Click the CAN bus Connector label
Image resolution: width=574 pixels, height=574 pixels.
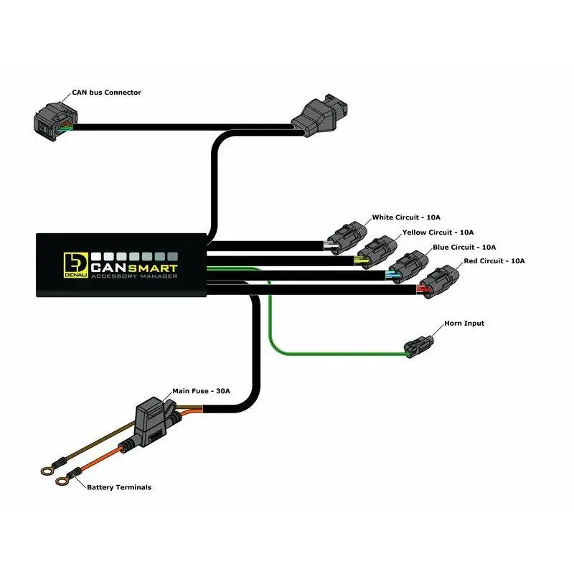point(106,93)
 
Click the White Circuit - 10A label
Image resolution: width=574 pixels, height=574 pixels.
point(406,217)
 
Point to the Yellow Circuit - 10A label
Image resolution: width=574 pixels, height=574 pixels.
point(438,232)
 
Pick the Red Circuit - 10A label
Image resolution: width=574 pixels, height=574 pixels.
point(494,260)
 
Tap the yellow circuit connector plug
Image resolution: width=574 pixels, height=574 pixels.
point(376,250)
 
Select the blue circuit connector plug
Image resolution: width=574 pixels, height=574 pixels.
point(408,263)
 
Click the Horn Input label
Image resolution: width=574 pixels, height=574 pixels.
point(464,324)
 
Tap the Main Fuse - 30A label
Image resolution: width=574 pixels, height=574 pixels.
point(201,391)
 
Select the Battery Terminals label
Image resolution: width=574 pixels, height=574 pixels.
point(119,487)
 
